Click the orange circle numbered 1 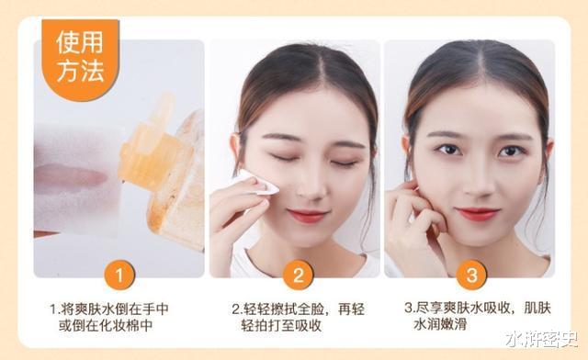(x=119, y=275)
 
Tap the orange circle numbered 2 (x=298, y=275)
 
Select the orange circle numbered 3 (x=471, y=275)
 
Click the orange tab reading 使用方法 (x=80, y=60)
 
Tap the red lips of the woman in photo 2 (x=308, y=216)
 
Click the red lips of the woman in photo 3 (x=477, y=214)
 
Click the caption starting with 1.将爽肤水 (x=109, y=317)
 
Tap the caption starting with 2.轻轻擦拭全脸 (x=298, y=317)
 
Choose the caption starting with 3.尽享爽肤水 (x=478, y=316)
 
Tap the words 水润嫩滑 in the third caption (x=440, y=324)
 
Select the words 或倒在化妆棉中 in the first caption (x=106, y=325)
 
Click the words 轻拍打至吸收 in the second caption (x=281, y=325)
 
